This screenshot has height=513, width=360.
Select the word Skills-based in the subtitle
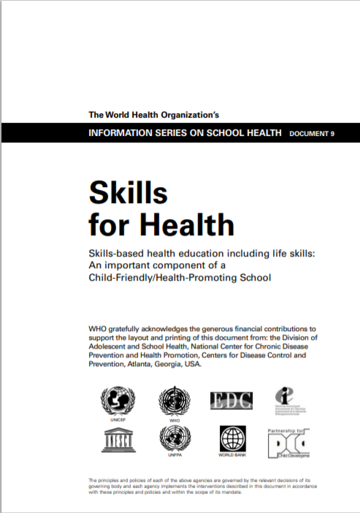(115, 253)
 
